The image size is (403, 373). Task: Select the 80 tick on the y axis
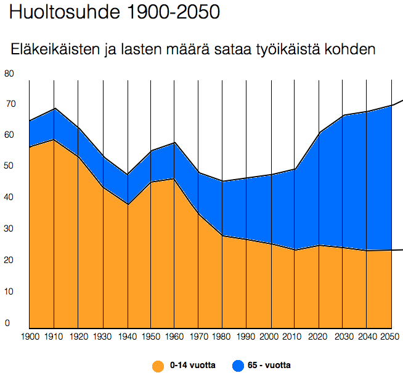point(9,73)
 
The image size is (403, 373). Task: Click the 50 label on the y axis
point(9,166)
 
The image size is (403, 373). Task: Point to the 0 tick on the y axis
point(7,322)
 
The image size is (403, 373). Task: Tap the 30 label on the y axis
point(9,229)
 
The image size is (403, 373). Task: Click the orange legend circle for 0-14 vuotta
point(158,366)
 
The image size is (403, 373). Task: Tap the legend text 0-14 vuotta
point(192,366)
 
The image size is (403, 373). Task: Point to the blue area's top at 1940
point(127,175)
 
